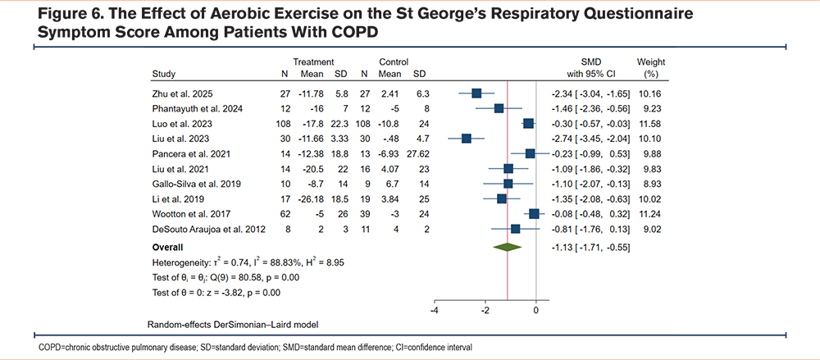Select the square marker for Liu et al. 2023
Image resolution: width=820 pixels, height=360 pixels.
click(x=467, y=138)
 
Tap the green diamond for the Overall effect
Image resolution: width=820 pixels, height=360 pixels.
click(x=508, y=246)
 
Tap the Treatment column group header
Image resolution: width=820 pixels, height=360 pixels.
click(x=313, y=62)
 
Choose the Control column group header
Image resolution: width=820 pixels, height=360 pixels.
click(x=393, y=62)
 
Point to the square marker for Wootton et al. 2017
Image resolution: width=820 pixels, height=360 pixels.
click(x=535, y=213)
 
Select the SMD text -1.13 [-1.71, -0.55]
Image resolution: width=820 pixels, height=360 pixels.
click(x=585, y=246)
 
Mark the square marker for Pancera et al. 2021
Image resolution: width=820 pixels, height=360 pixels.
click(x=531, y=153)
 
